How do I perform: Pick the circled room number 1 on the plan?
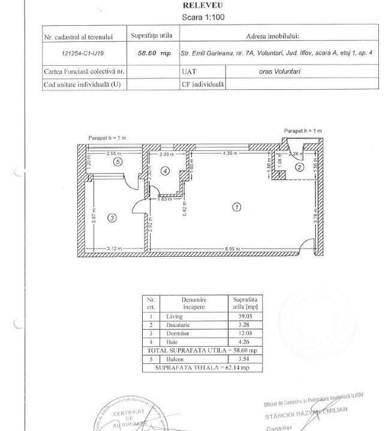237,207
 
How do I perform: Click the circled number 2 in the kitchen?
299,167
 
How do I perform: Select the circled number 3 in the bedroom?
112,218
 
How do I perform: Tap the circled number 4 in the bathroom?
166,171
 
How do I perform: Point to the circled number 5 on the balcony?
118,162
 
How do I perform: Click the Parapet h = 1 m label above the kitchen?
303,130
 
